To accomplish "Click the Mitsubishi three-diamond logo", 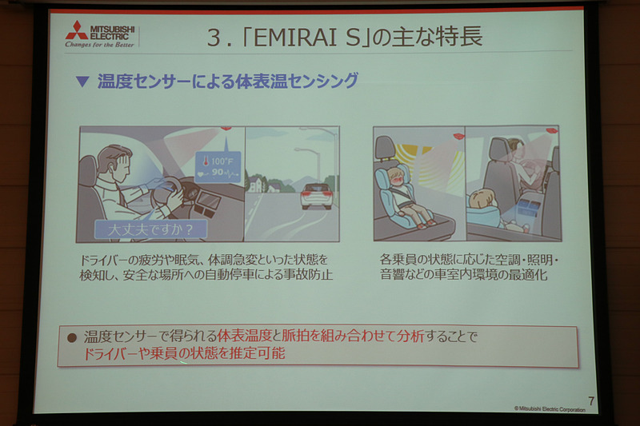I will [77, 30].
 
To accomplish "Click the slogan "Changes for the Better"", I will [100, 45].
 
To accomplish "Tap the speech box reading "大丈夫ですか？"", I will [150, 229].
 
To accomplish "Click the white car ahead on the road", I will [316, 195].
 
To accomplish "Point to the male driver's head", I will [115, 159].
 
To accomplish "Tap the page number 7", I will [590, 400].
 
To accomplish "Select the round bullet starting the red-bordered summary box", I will [72, 337].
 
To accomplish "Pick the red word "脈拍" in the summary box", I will [297, 337].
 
